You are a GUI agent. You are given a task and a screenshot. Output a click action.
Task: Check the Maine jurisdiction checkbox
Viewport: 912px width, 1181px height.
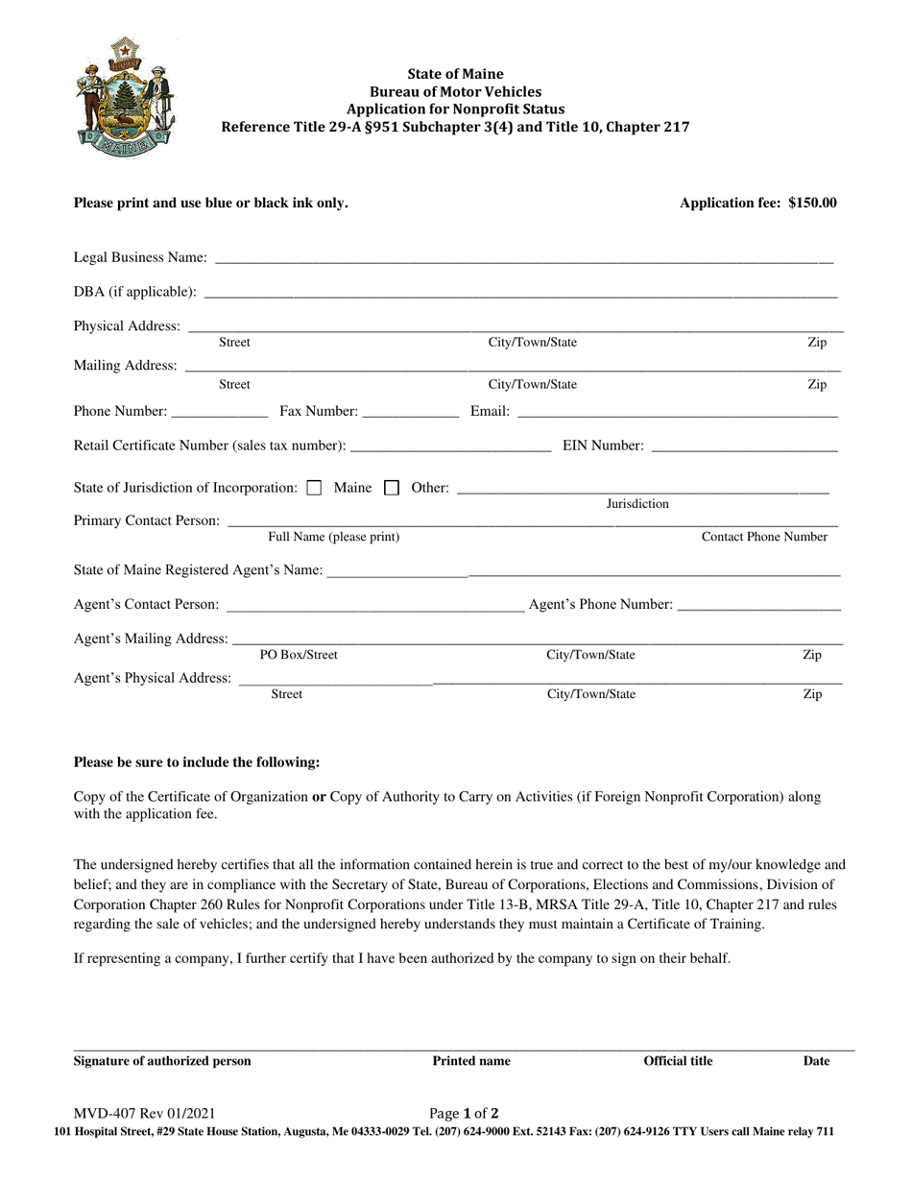coord(314,488)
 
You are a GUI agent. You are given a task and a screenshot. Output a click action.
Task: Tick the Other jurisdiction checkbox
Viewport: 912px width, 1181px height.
coord(392,488)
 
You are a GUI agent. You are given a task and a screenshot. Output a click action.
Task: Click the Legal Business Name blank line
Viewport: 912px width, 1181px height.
coord(524,259)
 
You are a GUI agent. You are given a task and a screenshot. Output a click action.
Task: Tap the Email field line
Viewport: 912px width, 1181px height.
coord(678,414)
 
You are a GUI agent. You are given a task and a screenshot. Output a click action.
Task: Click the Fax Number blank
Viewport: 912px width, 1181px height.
coord(411,414)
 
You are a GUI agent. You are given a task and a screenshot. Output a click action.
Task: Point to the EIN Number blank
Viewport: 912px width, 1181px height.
coord(744,447)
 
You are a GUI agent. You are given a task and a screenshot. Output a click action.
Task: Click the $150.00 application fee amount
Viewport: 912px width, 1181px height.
coord(812,203)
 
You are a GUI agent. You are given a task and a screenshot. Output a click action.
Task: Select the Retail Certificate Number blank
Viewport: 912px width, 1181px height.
coord(451,447)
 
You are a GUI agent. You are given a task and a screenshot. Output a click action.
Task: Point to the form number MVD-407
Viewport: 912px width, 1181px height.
coord(144,1114)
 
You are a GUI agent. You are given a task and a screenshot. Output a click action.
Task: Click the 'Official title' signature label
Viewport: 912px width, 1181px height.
coord(678,1061)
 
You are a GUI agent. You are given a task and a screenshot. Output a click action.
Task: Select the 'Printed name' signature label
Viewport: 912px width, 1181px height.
coord(471,1061)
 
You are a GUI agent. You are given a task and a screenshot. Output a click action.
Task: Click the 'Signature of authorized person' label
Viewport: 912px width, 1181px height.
coord(162,1061)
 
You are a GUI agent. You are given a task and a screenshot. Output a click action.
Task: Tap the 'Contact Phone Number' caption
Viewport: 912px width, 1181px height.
coord(764,538)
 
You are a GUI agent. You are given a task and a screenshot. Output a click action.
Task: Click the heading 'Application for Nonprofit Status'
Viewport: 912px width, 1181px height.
coord(455,109)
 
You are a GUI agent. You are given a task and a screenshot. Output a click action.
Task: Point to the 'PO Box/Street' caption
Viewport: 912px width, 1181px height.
coord(299,656)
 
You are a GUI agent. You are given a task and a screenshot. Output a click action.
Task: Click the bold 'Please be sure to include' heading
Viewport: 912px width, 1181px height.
coord(197,762)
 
